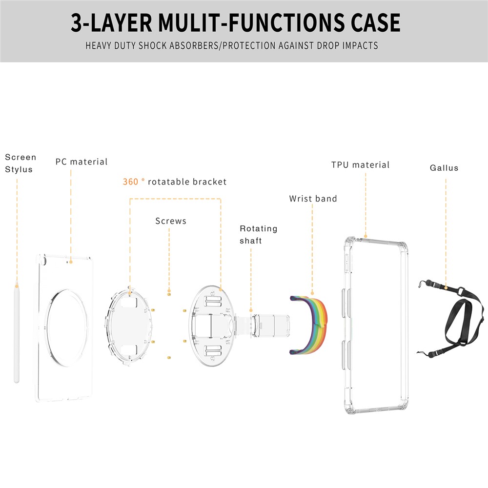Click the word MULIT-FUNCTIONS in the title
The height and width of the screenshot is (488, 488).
pos(252,22)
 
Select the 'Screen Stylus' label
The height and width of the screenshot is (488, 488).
pos(20,163)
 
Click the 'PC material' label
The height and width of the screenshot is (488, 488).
pos(81,162)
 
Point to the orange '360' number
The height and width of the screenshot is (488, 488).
pos(130,182)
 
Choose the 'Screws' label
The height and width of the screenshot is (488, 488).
pos(171,221)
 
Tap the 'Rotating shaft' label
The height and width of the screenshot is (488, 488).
pos(258,235)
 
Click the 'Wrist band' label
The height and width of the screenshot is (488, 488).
pos(313,199)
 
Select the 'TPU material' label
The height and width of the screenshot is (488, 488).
pos(361,165)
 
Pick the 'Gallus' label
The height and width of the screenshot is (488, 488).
pos(444,168)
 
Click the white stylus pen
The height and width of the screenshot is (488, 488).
pos(17,332)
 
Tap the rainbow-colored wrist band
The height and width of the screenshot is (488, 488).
pos(308,325)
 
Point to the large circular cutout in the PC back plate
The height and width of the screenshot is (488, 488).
pos(66,327)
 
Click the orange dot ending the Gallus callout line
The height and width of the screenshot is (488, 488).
pos(446,288)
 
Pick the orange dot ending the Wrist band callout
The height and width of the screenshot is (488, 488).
pos(312,293)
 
